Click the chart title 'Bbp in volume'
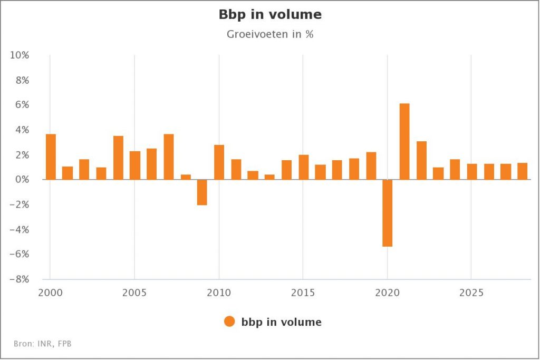pos(270,15)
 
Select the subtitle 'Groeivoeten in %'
pos(270,35)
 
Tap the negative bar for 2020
pos(388,213)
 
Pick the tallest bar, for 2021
pos(404,141)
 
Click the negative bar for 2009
pos(202,192)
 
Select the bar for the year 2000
pos(51,157)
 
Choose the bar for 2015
pos(303,167)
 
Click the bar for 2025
pos(472,172)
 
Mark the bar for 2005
pos(135,166)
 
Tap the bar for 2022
pos(421,160)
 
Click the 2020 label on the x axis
pos(388,291)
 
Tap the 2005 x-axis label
pos(135,291)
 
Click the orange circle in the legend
pos(229,322)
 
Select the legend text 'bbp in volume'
pos(281,322)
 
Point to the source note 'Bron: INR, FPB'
pos(43,344)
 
